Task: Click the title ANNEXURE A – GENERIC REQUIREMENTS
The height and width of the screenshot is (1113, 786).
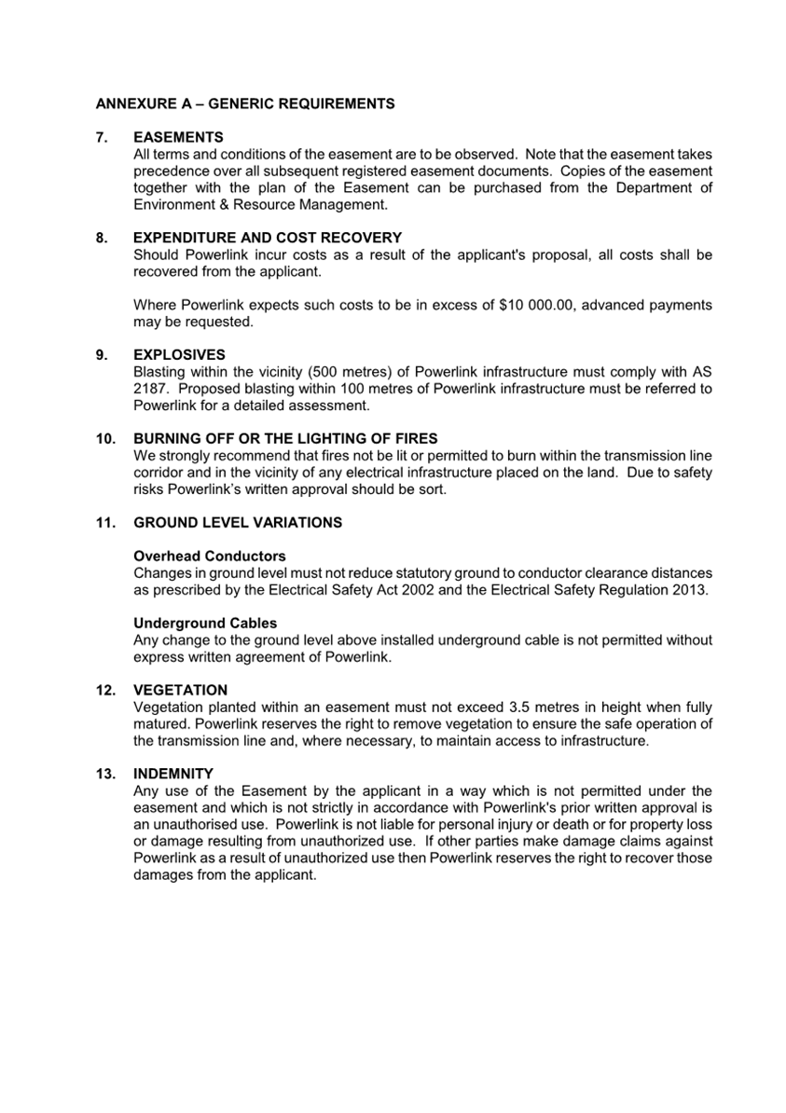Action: coord(244,103)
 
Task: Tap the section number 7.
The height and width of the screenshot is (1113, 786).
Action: coord(102,137)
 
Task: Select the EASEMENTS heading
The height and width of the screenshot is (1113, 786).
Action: coord(178,137)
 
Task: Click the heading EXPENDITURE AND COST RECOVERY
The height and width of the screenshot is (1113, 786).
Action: coord(268,238)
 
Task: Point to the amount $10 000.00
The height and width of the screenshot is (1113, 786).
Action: coord(536,305)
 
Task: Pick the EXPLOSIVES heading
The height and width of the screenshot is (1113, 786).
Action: coord(179,355)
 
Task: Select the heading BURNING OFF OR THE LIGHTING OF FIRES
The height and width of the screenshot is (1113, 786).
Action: coord(285,439)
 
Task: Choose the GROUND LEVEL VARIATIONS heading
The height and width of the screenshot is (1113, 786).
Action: coord(238,523)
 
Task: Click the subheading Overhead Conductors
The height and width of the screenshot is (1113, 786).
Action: coord(210,556)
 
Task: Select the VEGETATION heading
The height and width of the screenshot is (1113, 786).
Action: coord(180,691)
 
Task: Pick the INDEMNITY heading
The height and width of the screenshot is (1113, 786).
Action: coord(173,775)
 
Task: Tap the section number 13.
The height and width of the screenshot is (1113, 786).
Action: coord(105,775)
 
